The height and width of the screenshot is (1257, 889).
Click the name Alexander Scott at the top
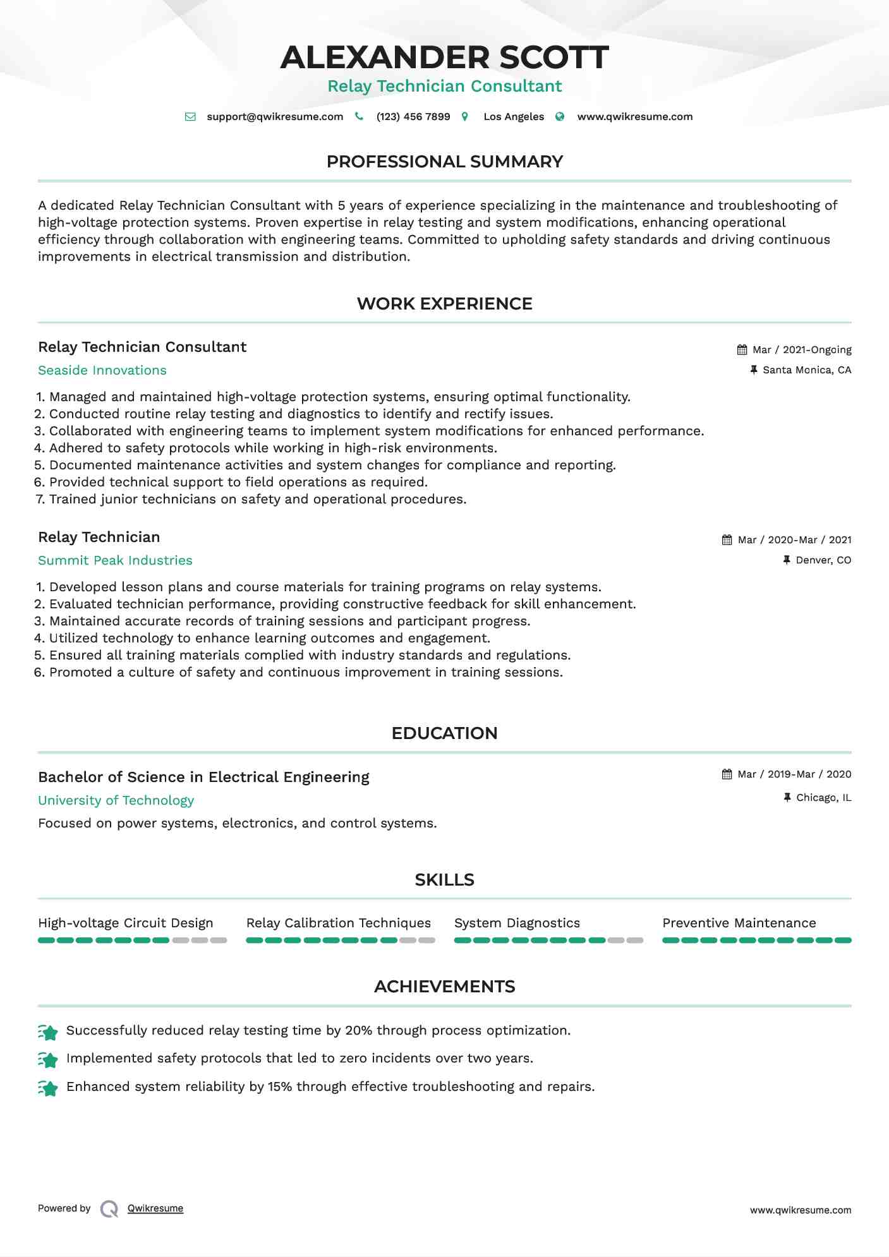444,57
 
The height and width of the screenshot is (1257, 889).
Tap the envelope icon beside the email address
190,117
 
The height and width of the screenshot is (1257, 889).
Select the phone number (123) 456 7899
413,117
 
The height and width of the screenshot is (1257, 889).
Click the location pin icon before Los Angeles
465,117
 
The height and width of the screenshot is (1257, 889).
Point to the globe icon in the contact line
560,117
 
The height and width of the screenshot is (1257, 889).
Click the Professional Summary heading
444,162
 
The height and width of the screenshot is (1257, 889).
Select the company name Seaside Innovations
102,370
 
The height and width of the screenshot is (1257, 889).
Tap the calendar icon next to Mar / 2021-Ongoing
742,350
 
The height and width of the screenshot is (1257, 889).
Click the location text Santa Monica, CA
807,370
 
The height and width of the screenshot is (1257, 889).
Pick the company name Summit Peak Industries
115,560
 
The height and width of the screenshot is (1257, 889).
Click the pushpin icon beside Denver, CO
787,560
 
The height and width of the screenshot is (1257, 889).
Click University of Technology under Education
116,800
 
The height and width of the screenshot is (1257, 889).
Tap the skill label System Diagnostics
517,923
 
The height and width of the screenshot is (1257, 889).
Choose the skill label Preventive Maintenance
739,923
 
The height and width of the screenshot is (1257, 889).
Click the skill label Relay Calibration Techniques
339,923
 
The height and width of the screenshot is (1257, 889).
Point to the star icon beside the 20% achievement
48,1032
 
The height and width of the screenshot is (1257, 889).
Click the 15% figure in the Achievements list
280,1086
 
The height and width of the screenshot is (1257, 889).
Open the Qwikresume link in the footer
155,1208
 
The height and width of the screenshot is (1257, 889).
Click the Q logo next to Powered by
109,1209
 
